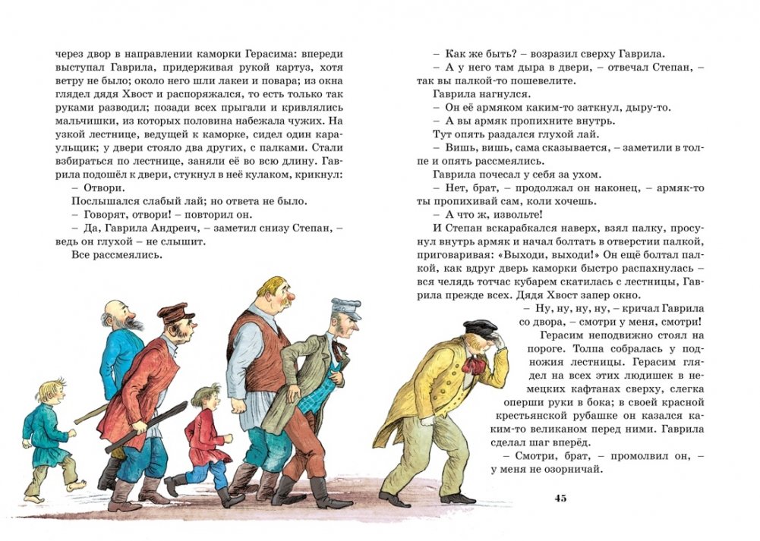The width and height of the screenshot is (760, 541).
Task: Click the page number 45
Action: coord(561,498)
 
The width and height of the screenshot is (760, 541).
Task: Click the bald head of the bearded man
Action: coord(116,307)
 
